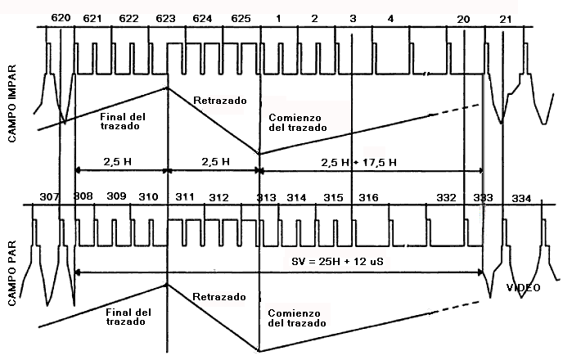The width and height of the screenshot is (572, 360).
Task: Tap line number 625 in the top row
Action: click(241, 18)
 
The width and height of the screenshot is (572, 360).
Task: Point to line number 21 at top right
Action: click(506, 18)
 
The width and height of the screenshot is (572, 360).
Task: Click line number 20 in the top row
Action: click(464, 18)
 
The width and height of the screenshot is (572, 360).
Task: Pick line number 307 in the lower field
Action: click(49, 197)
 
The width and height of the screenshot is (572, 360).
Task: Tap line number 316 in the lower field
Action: click(368, 198)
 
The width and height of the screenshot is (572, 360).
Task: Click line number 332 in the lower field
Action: click(447, 198)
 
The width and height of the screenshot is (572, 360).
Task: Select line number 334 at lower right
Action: click(520, 198)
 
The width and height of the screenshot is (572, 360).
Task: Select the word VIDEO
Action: click(523, 287)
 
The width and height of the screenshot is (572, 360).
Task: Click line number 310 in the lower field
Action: click(149, 198)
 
